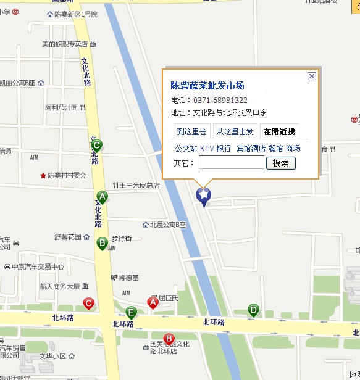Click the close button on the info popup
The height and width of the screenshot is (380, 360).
coord(312,76)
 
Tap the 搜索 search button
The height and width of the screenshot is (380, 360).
coord(280,163)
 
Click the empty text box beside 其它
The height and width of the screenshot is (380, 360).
coord(231,163)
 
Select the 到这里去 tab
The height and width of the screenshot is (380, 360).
coord(193,131)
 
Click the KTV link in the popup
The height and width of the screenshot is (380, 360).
coord(207,148)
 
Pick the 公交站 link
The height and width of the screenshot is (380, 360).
coord(186,148)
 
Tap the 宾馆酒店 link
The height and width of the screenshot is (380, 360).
coord(251,148)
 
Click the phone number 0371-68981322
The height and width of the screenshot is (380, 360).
coord(220,100)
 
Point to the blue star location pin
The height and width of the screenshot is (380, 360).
coord(203,196)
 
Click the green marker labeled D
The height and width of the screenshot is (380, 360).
coord(253,310)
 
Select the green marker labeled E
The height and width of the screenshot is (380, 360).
coord(131,312)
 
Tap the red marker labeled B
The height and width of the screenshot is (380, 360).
coord(168,339)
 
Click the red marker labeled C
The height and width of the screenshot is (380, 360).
coord(89,304)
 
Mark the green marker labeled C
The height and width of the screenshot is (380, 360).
coord(96,146)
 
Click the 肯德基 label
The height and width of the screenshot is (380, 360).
coord(128,277)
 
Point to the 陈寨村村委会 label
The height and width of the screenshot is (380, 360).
coord(67,175)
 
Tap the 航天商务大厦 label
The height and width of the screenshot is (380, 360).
coord(60,286)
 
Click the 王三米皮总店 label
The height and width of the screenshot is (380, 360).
coord(140,185)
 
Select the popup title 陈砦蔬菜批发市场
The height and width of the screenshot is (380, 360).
coord(207,86)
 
